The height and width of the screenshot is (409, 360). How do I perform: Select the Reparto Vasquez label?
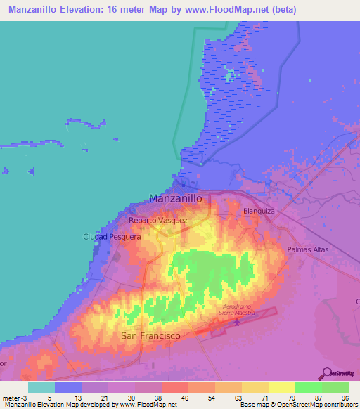157,220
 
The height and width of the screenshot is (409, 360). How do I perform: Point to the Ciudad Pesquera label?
112,237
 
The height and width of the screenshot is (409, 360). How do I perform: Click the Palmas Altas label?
307,249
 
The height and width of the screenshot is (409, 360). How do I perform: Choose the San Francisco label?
150,336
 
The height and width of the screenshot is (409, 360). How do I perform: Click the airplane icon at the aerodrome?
236,323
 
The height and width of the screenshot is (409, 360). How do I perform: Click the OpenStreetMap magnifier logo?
328,373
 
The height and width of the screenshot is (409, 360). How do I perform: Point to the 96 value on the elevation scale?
345,397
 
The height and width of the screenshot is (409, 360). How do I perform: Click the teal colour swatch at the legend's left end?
41,387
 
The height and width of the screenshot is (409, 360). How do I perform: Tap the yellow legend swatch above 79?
281,387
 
